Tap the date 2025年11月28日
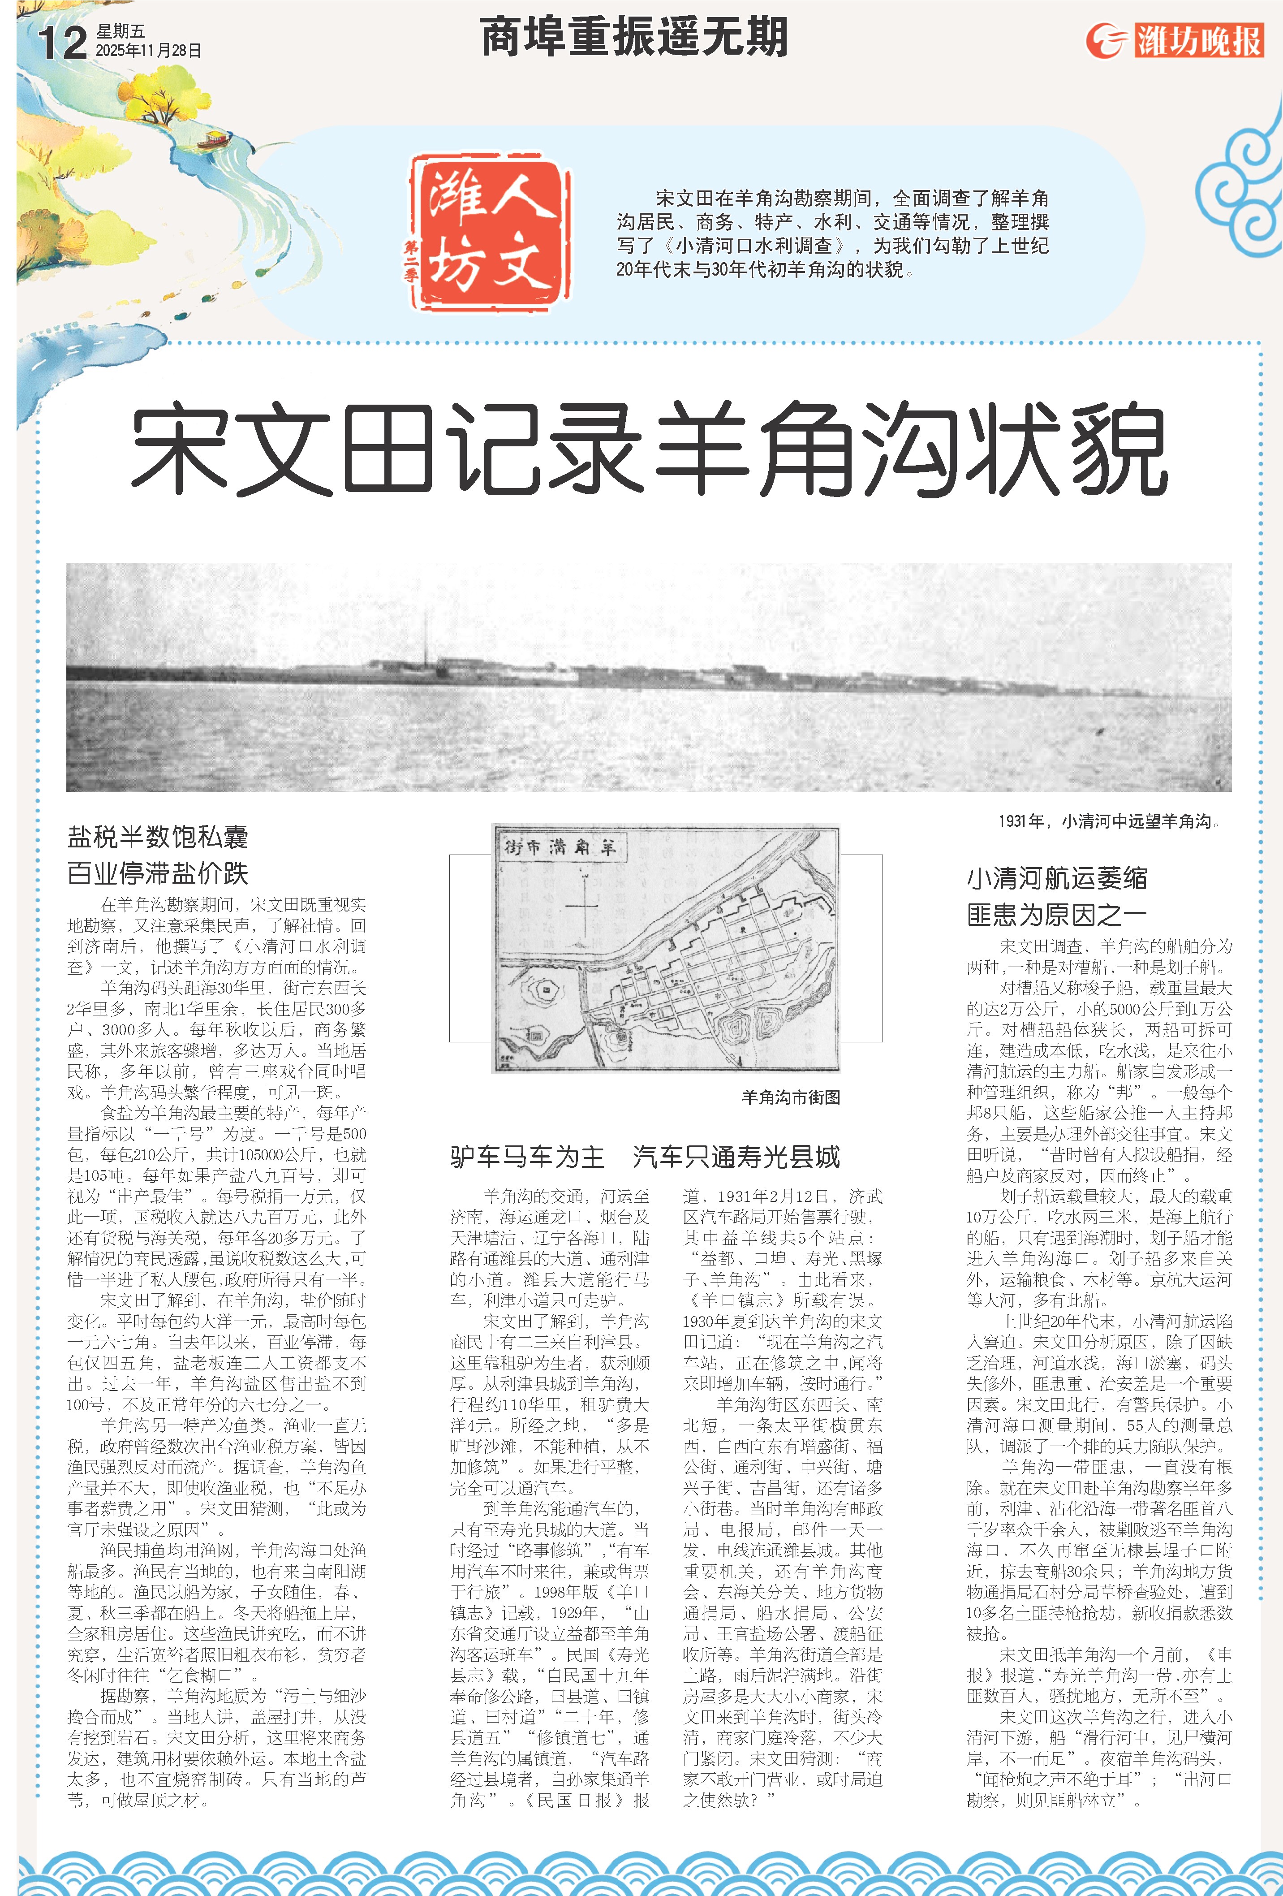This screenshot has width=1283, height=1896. (x=148, y=51)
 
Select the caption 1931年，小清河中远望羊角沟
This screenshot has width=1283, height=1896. (x=1108, y=821)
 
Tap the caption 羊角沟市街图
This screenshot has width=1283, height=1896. (x=790, y=1097)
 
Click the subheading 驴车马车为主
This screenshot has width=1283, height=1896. (x=527, y=1157)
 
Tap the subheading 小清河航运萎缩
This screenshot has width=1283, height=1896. (x=1057, y=879)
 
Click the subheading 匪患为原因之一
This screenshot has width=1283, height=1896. (x=1057, y=915)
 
